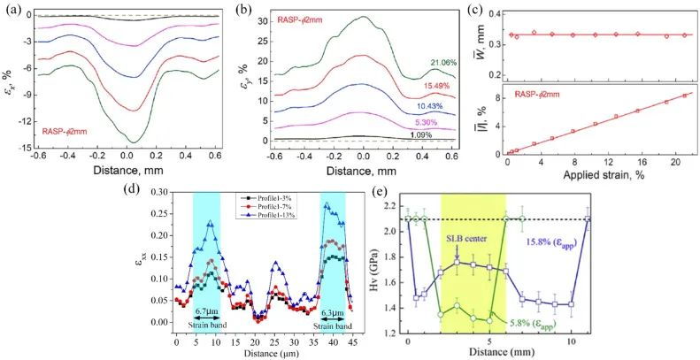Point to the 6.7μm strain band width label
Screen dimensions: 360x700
206,312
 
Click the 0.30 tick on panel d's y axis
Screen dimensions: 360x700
161,191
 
